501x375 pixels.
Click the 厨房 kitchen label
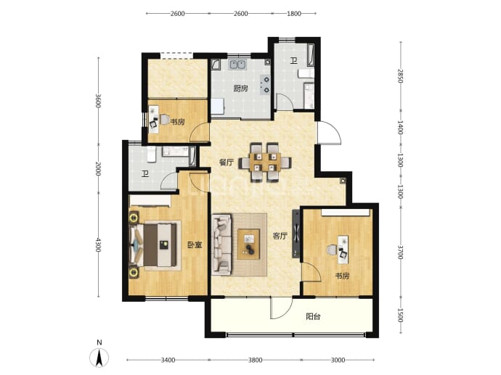tap(240, 88)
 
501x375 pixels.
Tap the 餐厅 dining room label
tap(227, 162)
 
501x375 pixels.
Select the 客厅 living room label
tap(280, 236)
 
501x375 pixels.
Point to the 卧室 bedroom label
tap(195, 245)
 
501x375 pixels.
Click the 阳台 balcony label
tap(313, 316)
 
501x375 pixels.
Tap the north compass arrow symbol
tap(99, 358)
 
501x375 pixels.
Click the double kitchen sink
tap(237, 65)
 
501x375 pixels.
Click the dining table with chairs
tap(265, 162)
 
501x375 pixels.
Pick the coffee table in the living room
tap(248, 244)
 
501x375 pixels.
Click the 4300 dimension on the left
tap(98, 244)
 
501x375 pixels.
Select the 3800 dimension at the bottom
tap(256, 360)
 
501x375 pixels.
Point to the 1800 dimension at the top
tap(294, 13)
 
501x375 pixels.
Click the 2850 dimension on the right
tap(400, 75)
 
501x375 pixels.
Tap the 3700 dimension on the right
tap(400, 252)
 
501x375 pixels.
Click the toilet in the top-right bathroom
tap(306, 74)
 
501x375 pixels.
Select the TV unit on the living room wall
tap(296, 234)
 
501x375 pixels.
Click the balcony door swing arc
tap(285, 313)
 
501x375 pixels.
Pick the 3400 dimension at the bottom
tap(168, 360)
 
